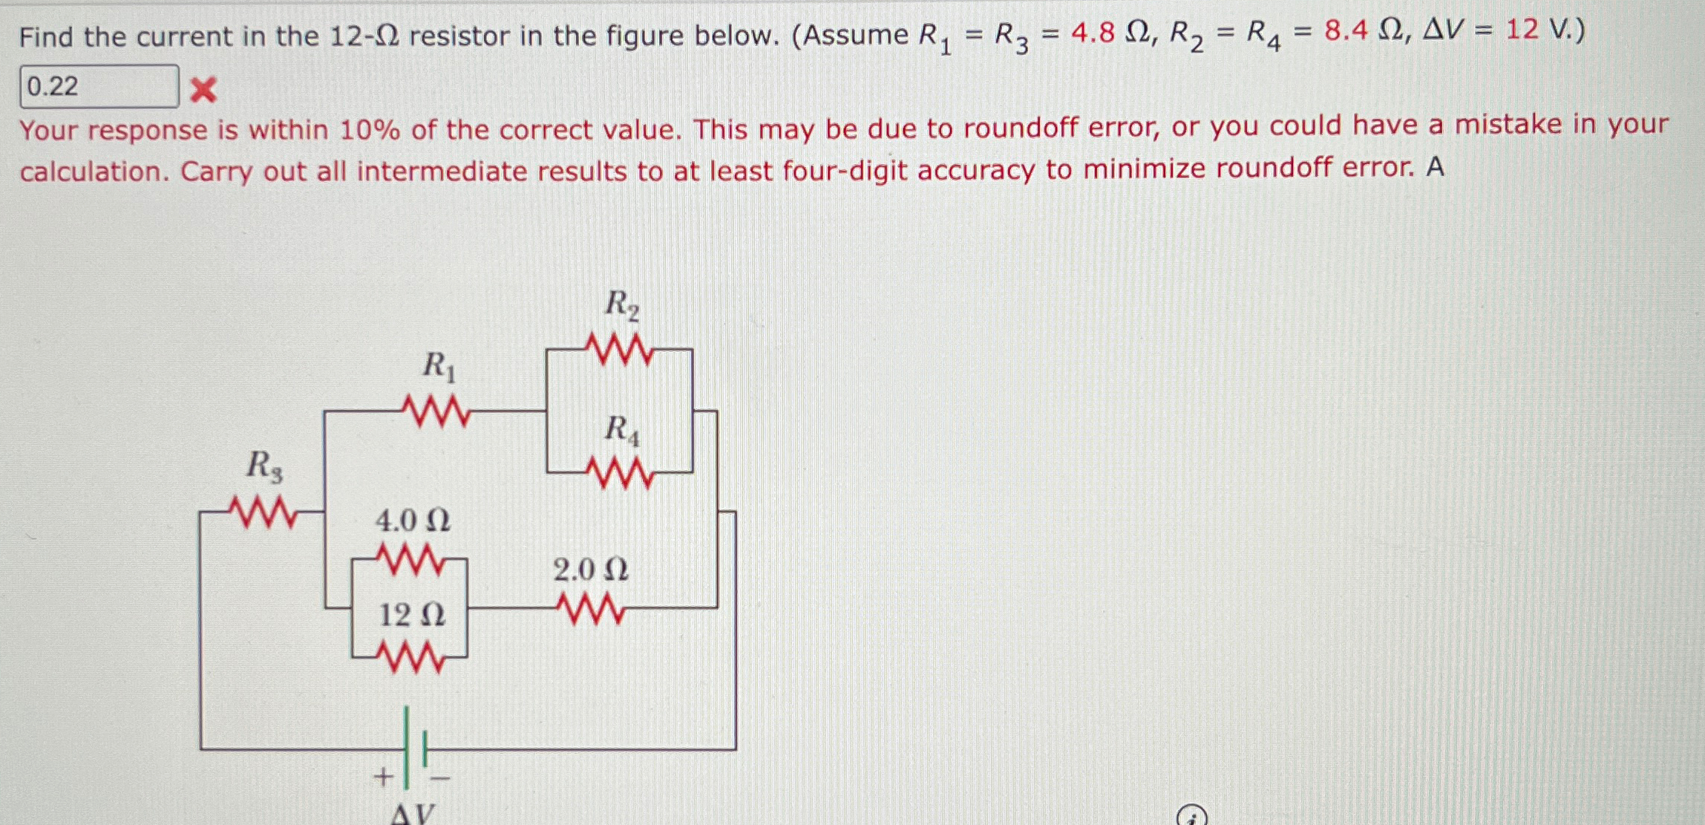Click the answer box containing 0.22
click(x=98, y=86)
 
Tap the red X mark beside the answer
click(x=203, y=90)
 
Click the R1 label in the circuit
click(x=439, y=367)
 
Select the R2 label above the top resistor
click(x=621, y=304)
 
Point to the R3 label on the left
click(x=264, y=466)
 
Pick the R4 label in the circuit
click(x=621, y=430)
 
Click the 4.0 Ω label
click(x=413, y=521)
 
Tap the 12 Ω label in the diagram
click(x=412, y=615)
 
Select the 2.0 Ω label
click(x=590, y=570)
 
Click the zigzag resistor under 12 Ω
click(x=410, y=657)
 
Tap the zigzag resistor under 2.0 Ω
click(x=591, y=609)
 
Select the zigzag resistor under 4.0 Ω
click(x=410, y=560)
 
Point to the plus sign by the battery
click(x=382, y=777)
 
